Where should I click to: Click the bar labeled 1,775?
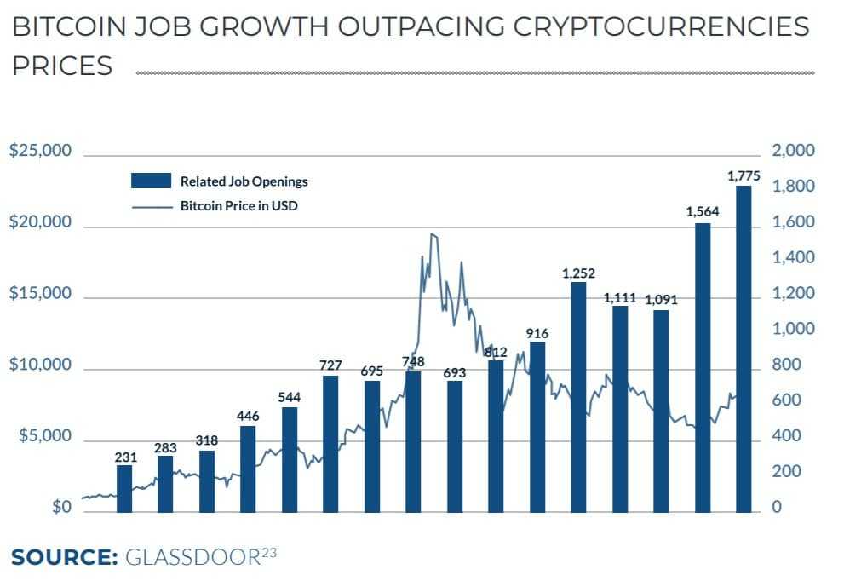tap(744, 349)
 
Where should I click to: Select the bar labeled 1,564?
tap(703, 367)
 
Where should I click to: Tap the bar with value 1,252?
tap(578, 397)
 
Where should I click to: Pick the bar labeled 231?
tap(125, 488)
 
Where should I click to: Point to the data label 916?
tap(537, 333)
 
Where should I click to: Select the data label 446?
tap(248, 415)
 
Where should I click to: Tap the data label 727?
tap(330, 365)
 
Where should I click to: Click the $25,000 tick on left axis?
tap(40, 152)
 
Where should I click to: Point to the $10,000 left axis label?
tap(40, 365)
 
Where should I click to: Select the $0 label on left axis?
tap(61, 508)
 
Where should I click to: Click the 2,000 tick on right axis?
tap(793, 152)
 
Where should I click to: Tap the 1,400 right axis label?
tap(793, 258)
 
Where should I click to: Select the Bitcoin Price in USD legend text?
tap(238, 205)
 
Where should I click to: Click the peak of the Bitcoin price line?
tap(433, 234)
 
